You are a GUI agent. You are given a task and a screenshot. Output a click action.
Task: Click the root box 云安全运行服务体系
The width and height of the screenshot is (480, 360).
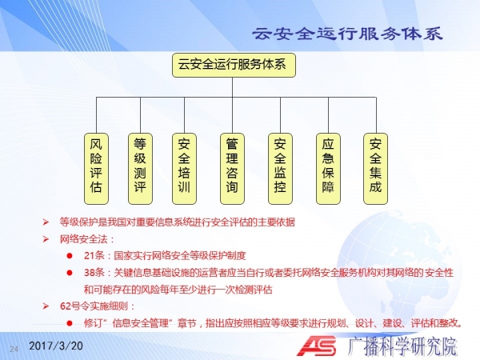pyautogui.click(x=234, y=65)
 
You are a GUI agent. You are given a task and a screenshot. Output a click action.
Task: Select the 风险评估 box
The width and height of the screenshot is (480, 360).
pyautogui.click(x=97, y=169)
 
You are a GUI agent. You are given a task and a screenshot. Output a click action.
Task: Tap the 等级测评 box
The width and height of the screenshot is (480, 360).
pyautogui.click(x=140, y=169)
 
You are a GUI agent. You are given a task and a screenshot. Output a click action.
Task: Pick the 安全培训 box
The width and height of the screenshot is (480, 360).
pyautogui.click(x=184, y=169)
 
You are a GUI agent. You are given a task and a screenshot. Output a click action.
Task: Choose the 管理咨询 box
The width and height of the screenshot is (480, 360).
pyautogui.click(x=232, y=169)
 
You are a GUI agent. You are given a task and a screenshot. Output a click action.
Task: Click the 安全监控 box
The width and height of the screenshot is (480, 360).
pyautogui.click(x=281, y=169)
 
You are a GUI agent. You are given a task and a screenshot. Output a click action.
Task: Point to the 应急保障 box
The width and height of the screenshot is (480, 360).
pyautogui.click(x=328, y=169)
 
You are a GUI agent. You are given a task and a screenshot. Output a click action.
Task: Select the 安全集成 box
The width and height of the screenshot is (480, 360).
pyautogui.click(x=376, y=169)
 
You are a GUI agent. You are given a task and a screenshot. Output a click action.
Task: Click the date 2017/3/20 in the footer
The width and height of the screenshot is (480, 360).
pyautogui.click(x=56, y=346)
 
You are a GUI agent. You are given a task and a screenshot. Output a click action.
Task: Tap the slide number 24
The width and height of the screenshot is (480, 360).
pyautogui.click(x=14, y=349)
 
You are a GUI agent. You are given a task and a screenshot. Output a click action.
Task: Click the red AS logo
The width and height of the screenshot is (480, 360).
pyautogui.click(x=317, y=346)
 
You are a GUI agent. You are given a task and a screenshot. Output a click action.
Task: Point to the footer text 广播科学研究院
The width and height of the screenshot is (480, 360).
pyautogui.click(x=402, y=346)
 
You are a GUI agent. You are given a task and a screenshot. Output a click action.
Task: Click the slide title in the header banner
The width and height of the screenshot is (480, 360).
pyautogui.click(x=347, y=34)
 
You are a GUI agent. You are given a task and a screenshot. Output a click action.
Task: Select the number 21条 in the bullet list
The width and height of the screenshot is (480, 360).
pyautogui.click(x=94, y=256)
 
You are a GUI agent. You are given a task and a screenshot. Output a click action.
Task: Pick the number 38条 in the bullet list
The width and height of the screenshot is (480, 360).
pyautogui.click(x=94, y=273)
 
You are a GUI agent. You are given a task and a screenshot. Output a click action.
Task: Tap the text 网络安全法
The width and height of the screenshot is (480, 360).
pyautogui.click(x=83, y=239)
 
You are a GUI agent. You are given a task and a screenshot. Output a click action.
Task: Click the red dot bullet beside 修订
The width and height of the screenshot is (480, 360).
pyautogui.click(x=70, y=323)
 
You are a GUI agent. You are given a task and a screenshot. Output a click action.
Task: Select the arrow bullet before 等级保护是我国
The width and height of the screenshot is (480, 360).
pyautogui.click(x=46, y=222)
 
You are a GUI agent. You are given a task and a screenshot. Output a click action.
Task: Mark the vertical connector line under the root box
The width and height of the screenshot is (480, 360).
pyautogui.click(x=232, y=87)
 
